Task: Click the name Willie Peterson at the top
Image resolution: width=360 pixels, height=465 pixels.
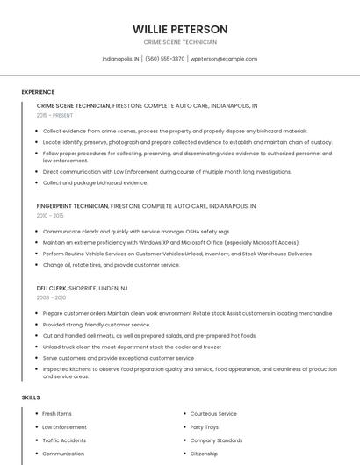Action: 180,29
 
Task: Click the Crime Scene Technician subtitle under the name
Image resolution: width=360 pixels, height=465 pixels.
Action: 180,42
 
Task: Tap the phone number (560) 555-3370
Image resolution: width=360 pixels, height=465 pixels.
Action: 165,59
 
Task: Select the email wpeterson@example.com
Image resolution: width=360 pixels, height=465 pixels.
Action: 224,59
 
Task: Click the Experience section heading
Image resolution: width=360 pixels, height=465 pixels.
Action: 38,92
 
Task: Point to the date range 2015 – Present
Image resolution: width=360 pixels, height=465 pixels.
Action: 55,115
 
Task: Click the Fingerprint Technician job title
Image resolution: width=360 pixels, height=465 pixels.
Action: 73,206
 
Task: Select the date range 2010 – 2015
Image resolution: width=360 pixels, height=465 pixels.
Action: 50,216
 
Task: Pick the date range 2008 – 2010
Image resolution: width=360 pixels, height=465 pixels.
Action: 50,297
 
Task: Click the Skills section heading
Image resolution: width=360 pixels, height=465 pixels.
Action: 31,397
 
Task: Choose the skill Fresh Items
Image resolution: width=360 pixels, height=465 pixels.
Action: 57,414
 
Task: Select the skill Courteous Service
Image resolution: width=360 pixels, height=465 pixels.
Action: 213,414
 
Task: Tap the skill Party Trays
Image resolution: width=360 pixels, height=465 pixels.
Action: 205,427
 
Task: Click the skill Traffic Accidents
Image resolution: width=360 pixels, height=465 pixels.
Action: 64,440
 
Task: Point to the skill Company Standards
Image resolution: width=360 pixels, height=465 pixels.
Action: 216,440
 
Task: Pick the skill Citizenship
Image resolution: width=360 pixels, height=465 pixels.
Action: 204,454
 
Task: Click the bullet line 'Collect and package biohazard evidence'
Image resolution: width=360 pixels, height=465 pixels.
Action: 95,183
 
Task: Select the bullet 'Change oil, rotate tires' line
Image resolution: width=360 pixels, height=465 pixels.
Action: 111,265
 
